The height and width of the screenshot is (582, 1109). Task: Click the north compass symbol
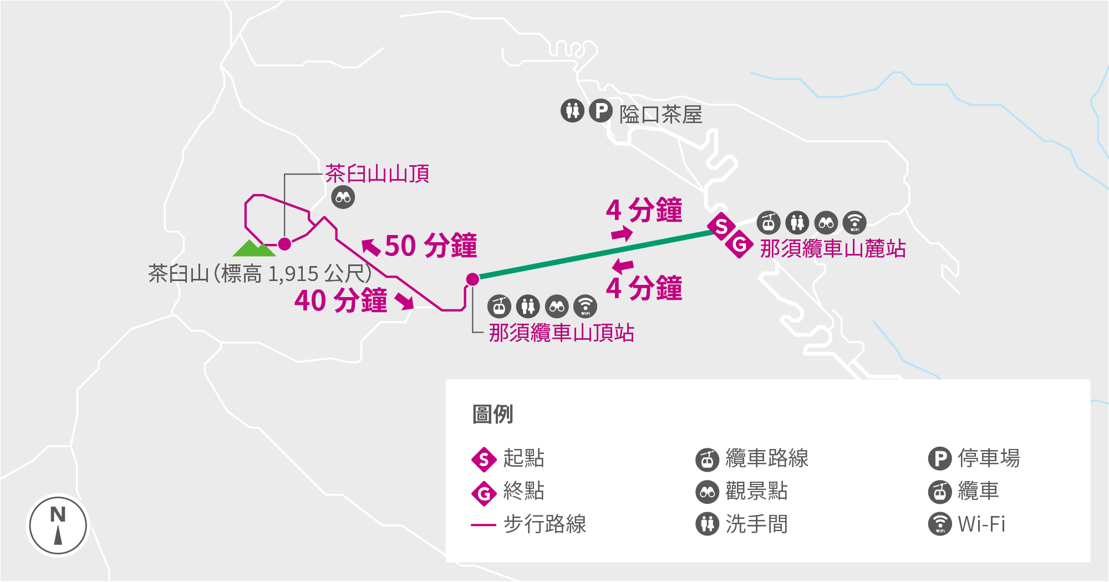click(x=58, y=525)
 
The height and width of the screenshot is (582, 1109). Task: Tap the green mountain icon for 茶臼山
click(x=254, y=248)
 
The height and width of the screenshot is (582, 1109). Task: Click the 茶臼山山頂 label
click(x=377, y=174)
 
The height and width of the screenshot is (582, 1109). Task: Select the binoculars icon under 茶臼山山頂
click(x=343, y=197)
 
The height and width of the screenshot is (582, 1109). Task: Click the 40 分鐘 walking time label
click(x=340, y=301)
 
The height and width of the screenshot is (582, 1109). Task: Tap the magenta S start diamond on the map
click(x=721, y=226)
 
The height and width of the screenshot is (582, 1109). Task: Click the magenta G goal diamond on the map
click(x=740, y=244)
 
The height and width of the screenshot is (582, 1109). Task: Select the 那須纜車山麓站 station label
click(x=833, y=248)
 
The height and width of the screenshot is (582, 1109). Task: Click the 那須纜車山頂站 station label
click(x=561, y=333)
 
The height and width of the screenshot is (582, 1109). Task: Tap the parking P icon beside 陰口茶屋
click(x=601, y=111)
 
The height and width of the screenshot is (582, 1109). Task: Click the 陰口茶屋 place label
click(x=661, y=115)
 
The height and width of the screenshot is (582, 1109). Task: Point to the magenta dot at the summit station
click(x=472, y=279)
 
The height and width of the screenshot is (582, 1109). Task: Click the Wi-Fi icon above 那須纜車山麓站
click(x=854, y=223)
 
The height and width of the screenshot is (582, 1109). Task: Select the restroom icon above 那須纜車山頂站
click(x=527, y=306)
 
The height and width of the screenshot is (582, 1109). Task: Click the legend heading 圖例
click(x=492, y=414)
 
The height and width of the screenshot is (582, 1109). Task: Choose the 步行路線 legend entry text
click(x=545, y=524)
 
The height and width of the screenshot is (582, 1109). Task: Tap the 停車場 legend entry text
click(x=989, y=458)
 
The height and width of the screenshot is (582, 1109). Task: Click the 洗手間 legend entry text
click(x=756, y=524)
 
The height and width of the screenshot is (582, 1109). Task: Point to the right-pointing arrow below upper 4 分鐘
click(x=622, y=234)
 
